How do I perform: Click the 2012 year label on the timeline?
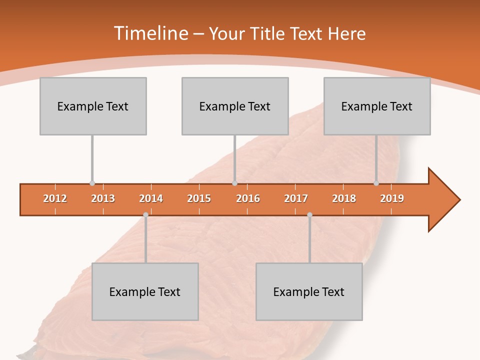[55, 198]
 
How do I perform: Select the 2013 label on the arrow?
[103, 198]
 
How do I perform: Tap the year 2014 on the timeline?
[151, 198]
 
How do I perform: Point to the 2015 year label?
[199, 198]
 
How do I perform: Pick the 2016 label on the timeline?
[248, 198]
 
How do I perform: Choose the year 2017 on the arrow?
[296, 198]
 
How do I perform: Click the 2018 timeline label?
[344, 198]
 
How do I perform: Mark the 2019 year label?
[392, 198]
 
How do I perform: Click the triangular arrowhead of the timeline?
[443, 200]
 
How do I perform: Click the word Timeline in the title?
[149, 33]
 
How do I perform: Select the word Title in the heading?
[268, 33]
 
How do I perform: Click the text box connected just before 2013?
[93, 106]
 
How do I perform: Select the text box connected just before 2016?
[235, 106]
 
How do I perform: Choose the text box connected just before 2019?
[377, 106]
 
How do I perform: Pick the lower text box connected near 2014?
[145, 291]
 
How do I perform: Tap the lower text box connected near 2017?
[309, 291]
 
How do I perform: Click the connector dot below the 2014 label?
[145, 214]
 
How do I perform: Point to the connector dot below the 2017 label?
[309, 214]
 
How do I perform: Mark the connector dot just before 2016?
[234, 183]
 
